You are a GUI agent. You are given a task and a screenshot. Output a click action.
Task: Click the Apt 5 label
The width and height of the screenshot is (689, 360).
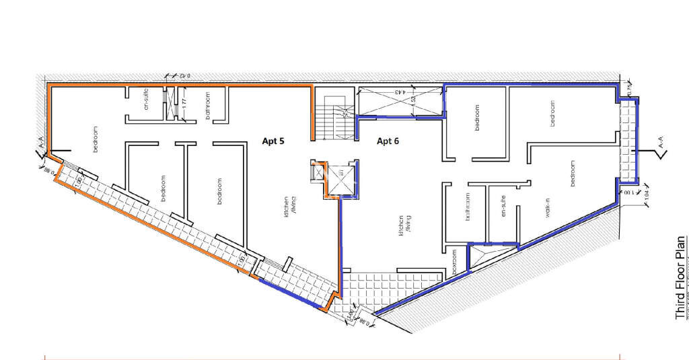coord(273,141)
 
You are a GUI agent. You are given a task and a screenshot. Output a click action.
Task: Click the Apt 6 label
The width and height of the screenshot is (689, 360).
coord(388,141)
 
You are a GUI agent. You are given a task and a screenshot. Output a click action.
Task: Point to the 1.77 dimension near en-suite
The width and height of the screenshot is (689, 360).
coord(182,108)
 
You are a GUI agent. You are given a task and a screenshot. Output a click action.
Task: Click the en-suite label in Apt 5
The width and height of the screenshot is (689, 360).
coord(146,101)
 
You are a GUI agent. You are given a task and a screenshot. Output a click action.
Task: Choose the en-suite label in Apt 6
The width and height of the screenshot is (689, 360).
coord(502,205)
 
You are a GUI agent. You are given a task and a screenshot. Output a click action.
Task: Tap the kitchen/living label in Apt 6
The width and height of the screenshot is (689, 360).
coord(402,225)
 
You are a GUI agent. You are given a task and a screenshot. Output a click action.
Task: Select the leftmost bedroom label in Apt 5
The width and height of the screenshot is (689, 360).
coord(95,139)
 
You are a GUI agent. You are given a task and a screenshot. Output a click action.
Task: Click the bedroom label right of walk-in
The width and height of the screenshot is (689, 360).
coord(573,174)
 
